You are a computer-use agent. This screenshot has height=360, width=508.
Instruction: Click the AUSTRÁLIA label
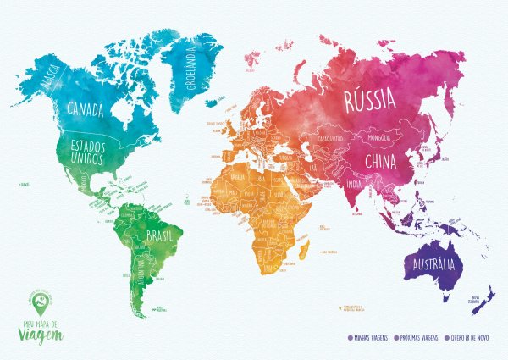click(434, 265)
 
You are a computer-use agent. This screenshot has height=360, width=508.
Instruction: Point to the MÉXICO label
click(86, 181)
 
